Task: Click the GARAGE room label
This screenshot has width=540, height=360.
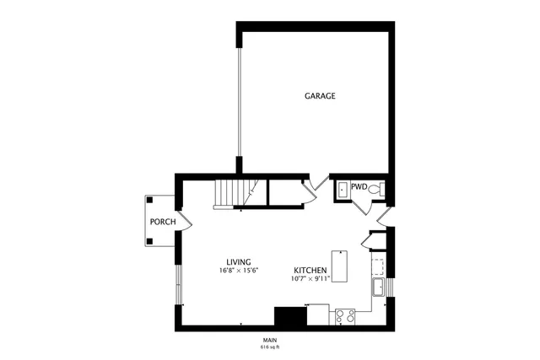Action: [320, 96]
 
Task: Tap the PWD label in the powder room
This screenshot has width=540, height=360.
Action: [359, 187]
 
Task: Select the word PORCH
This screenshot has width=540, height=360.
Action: [162, 222]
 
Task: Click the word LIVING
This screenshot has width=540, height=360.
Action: [238, 261]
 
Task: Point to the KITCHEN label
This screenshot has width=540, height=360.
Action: [310, 270]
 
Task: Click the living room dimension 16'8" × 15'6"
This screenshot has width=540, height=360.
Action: [238, 271]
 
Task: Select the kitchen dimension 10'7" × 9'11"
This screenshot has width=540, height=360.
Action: [310, 278]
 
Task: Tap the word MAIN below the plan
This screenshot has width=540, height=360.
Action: [269, 339]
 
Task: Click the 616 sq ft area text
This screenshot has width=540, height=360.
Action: [269, 346]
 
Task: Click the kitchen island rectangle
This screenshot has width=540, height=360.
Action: [340, 266]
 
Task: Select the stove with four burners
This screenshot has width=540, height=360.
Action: [345, 316]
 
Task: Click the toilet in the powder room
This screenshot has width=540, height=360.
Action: [380, 190]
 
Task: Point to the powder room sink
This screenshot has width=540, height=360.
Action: [342, 190]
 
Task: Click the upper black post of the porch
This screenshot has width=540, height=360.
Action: [149, 200]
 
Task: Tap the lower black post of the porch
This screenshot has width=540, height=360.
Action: [149, 241]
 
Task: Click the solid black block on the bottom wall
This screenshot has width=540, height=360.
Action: [290, 316]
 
